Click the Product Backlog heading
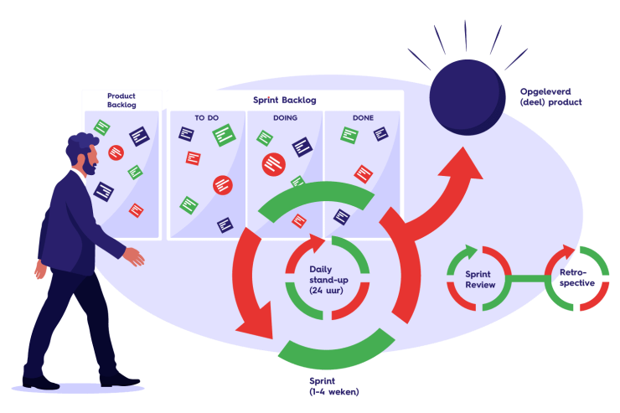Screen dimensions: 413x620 [121, 101]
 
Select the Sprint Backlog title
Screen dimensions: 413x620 [285, 100]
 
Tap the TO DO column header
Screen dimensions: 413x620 [206, 118]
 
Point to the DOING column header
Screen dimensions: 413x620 [285, 118]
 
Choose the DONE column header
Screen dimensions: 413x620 [364, 118]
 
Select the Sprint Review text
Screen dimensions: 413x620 [480, 279]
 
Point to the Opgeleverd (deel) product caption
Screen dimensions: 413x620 [550, 96]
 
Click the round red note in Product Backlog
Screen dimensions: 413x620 [116, 152]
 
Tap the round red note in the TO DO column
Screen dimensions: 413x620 [222, 184]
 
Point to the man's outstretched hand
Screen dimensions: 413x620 [134, 256]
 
